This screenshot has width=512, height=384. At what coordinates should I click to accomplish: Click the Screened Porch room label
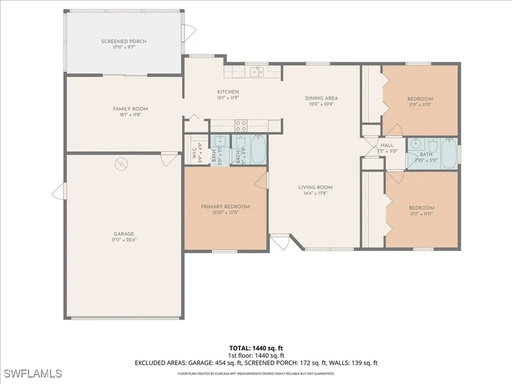pos(124,41)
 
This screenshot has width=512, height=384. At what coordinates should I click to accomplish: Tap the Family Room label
pos(130,108)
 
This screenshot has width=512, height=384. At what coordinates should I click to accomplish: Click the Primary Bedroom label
pos(225,206)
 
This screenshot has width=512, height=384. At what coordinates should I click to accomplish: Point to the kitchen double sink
pos(257,72)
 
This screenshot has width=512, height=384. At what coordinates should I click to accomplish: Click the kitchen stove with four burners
pos(241,125)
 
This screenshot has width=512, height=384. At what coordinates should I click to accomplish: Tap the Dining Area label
pos(321,98)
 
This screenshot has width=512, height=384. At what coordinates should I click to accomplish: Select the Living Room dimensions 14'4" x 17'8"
pos(315,193)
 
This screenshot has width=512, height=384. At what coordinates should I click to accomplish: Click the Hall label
pos(387,145)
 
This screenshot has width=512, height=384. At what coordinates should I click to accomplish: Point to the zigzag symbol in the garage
pos(120,163)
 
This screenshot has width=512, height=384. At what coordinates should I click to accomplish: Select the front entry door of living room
pos(280,243)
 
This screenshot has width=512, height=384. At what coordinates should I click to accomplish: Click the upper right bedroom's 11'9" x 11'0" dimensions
pos(419,105)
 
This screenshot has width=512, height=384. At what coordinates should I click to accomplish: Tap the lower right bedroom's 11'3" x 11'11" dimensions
pos(421,214)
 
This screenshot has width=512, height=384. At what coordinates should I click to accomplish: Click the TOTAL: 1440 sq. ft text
pos(256,347)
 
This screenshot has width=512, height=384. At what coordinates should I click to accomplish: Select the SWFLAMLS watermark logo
pos(33,373)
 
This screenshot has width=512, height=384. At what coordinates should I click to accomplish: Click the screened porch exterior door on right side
pos(187,33)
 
